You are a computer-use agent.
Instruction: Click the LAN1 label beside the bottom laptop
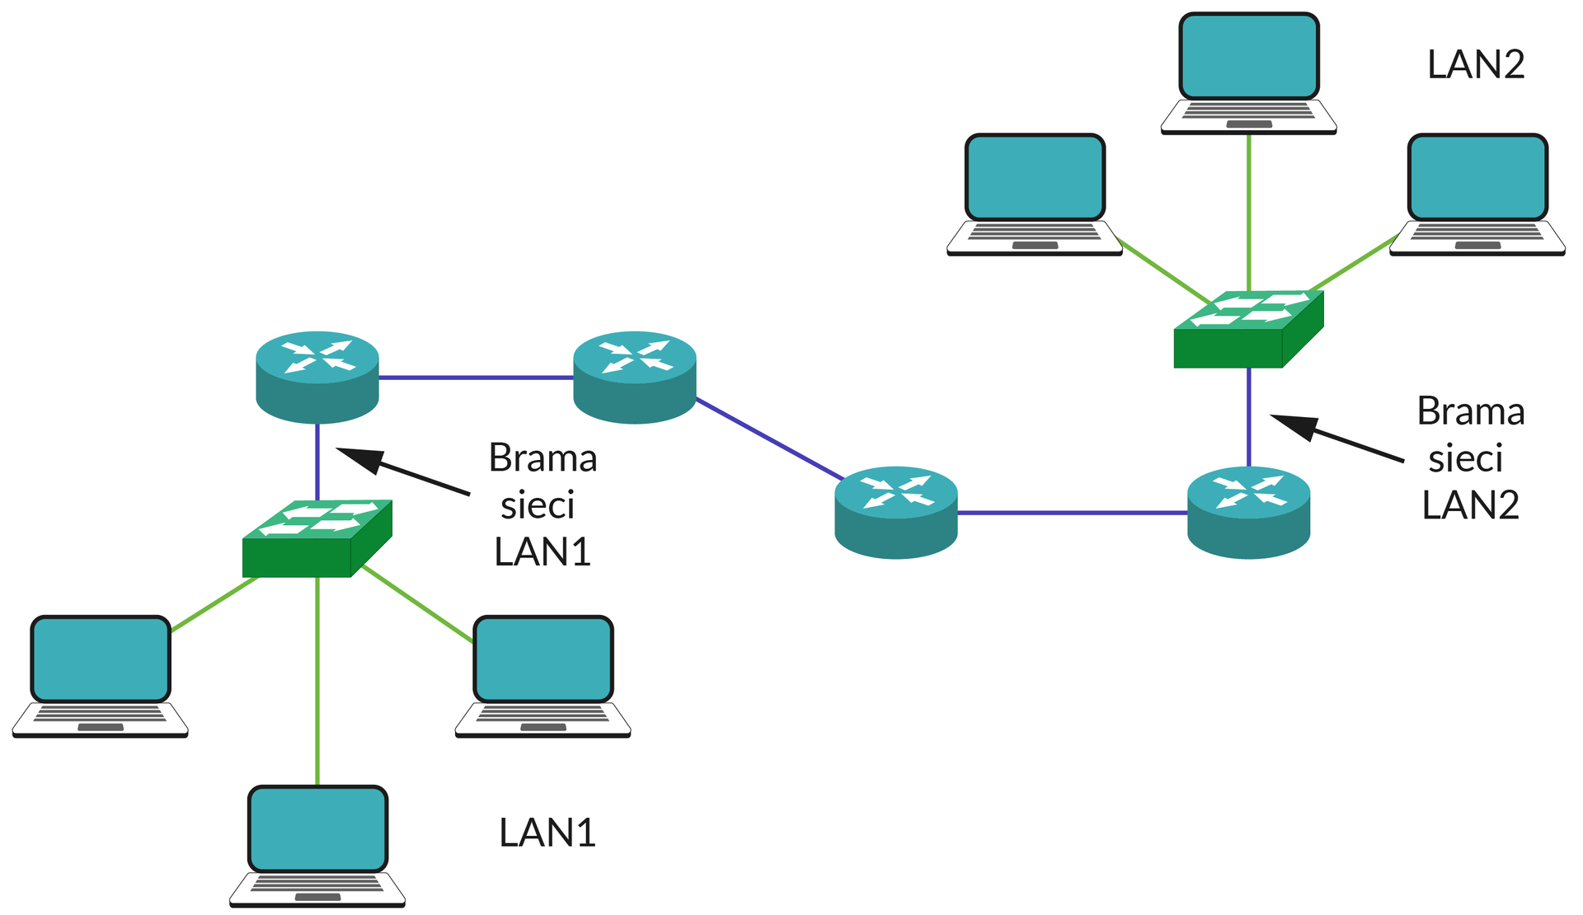click(547, 833)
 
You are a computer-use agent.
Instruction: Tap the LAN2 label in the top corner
click(1476, 64)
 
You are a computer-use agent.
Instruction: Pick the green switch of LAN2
click(1248, 329)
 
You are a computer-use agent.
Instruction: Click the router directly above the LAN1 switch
click(317, 377)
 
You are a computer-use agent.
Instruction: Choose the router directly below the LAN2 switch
click(1248, 512)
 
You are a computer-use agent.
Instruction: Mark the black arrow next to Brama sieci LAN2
click(1336, 438)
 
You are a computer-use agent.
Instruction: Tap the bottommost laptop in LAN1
click(317, 846)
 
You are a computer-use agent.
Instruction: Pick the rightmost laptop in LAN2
click(1477, 195)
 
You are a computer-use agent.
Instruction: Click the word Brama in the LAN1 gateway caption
click(543, 457)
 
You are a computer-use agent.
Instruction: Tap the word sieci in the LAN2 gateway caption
click(1465, 458)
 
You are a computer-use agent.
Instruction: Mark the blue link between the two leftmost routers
click(476, 378)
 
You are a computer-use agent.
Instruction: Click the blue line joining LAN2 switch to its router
click(1249, 416)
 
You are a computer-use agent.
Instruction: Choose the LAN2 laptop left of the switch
click(1035, 195)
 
